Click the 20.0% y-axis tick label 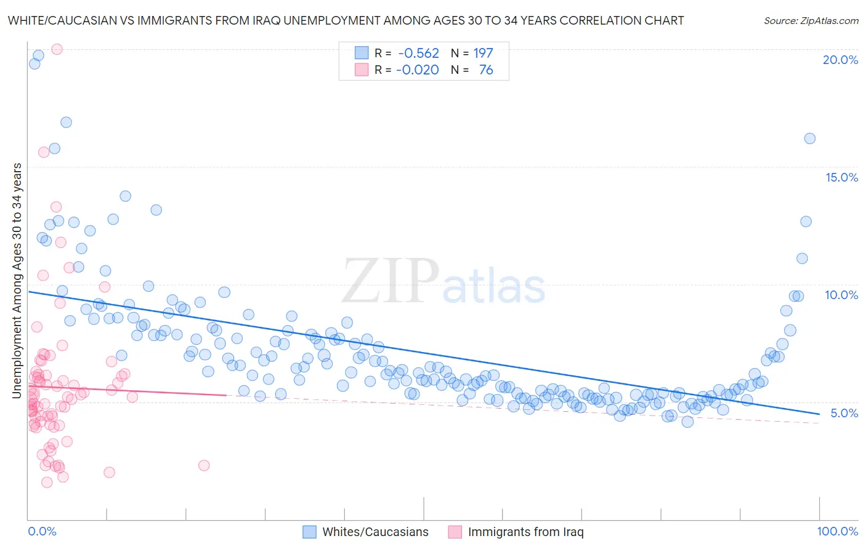point(840,60)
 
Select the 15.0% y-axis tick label point(841,177)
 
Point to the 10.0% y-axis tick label point(841,295)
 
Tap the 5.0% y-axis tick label point(844,413)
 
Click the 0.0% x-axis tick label point(42,531)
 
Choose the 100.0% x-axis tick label point(837,531)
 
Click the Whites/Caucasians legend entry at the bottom point(375,532)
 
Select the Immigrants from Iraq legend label point(525,532)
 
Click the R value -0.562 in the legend point(418,54)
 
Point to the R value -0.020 point(417,70)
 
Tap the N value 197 point(483,54)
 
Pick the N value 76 point(486,70)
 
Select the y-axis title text point(17,280)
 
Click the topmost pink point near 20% point(57,49)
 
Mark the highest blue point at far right point(809,138)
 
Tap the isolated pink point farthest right point(204,465)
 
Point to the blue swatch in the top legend point(361,54)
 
